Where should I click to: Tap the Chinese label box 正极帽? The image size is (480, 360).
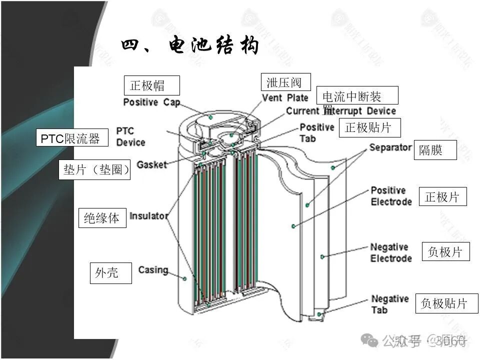point(151,85)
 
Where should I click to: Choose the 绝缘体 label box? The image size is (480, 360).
point(102,218)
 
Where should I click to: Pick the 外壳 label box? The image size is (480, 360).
point(110,273)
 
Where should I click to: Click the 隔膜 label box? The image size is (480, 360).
point(434,149)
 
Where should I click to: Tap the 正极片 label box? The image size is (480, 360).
point(445,197)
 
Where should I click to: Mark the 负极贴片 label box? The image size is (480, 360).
point(446,303)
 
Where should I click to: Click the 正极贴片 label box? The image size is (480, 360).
point(370,128)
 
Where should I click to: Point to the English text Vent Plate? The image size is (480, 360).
point(285,97)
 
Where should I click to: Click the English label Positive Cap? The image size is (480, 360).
point(151,102)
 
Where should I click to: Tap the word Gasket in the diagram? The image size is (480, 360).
point(151,164)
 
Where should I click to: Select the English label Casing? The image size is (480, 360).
point(153,270)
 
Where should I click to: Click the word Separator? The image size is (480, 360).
point(390,147)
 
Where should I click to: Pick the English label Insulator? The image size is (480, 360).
point(148,216)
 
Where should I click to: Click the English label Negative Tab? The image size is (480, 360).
point(390,304)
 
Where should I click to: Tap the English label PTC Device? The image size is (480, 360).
point(130,136)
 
